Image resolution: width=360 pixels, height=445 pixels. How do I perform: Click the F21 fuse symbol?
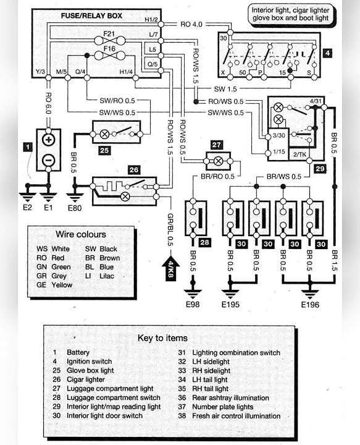[x=109, y=41]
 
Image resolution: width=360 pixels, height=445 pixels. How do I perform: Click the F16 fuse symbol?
[x=109, y=56]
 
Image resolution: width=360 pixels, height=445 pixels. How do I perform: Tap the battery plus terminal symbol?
[x=48, y=140]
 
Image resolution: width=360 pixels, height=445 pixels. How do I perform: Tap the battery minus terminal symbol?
[x=48, y=160]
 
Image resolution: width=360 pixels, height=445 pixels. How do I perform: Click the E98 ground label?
[x=193, y=305]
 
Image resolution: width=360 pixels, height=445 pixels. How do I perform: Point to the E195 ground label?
[x=230, y=305]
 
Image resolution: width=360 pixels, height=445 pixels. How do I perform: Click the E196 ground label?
[x=310, y=305]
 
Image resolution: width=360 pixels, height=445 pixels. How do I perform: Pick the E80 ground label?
[x=75, y=208]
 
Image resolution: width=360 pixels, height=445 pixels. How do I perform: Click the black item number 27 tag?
[x=217, y=145]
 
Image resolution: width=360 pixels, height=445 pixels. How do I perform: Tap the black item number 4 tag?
[x=327, y=53]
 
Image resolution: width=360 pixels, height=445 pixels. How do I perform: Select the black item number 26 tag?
[x=134, y=170]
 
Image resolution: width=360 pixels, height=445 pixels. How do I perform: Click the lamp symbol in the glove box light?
[x=104, y=134]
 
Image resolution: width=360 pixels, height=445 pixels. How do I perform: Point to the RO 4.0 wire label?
[x=191, y=24]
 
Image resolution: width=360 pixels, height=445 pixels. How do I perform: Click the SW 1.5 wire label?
[x=225, y=89]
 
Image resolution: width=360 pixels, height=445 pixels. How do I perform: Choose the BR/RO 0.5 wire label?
[x=218, y=176]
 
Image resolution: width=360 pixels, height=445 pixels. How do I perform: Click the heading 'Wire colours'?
[x=81, y=234]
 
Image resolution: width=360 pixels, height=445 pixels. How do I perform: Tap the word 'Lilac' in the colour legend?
[x=107, y=276]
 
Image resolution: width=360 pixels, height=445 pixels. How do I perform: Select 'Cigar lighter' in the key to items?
[x=86, y=379]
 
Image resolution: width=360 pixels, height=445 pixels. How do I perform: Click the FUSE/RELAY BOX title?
[x=91, y=15]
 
